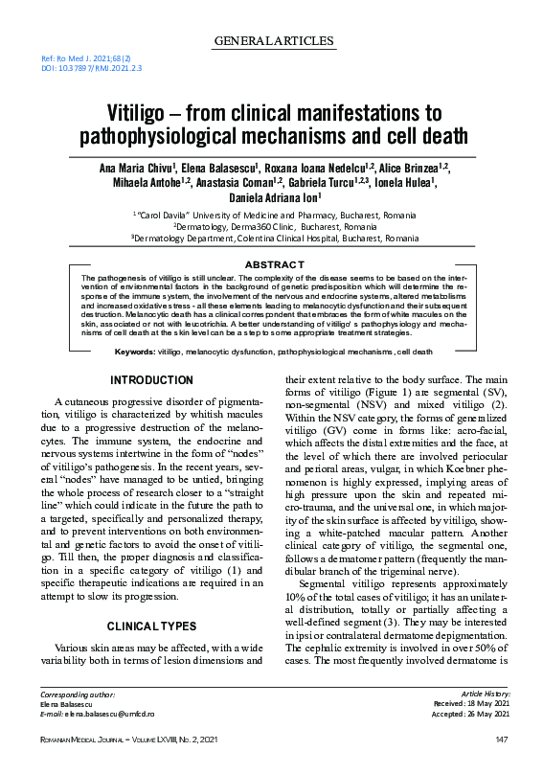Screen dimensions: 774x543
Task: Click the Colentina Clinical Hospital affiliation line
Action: [273, 239]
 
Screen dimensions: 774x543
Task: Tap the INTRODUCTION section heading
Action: [152, 381]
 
